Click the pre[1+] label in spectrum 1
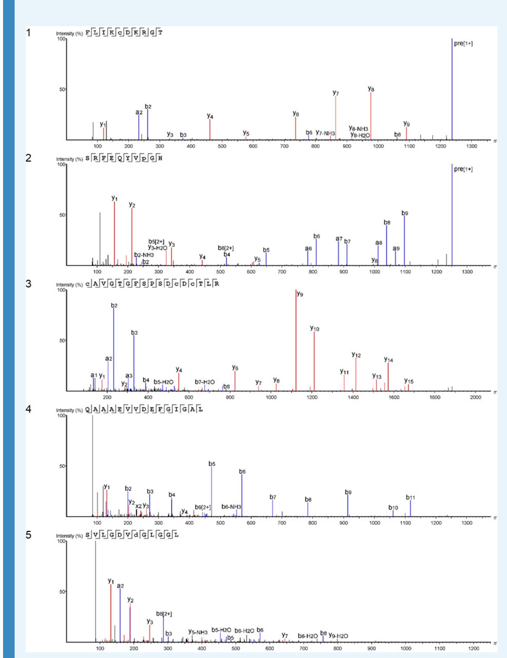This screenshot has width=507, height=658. point(463,44)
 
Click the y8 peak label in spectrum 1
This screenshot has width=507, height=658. point(371,89)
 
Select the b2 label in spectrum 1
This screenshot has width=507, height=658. point(148,107)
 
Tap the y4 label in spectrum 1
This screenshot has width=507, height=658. point(210,116)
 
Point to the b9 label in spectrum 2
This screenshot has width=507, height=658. point(405,213)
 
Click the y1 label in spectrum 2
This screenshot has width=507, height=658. point(115,198)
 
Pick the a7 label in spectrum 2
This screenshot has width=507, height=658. point(339,239)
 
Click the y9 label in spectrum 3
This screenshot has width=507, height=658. point(300,294)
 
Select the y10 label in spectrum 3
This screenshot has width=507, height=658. point(315,329)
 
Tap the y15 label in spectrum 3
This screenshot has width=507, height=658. point(409,381)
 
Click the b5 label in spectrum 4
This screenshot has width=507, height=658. point(212,464)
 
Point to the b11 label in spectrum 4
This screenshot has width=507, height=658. point(410,498)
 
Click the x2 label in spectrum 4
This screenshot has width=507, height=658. point(139,506)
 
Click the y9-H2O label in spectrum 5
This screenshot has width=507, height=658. point(338,636)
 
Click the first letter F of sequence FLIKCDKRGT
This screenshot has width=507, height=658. point(88,33)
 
